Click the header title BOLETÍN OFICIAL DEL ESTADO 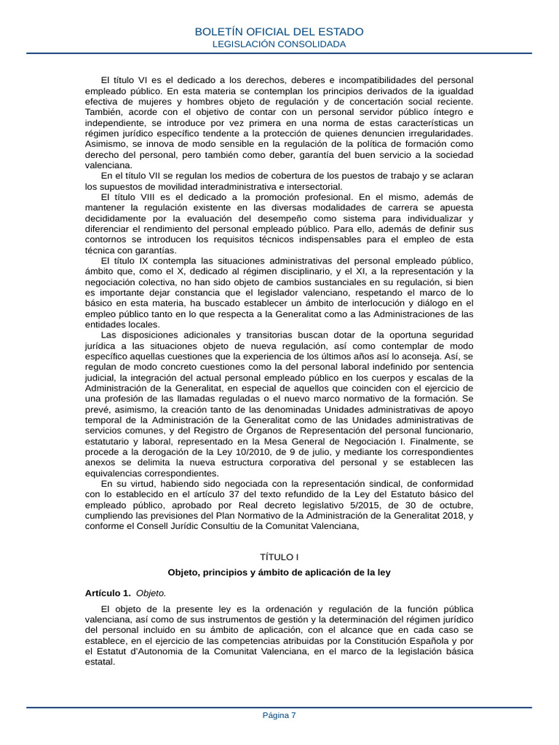point(279,32)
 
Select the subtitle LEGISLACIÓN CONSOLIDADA point(279,44)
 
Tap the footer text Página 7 point(279,715)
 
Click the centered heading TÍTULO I point(279,557)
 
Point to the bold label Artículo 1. point(108,593)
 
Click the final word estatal point(100,662)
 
